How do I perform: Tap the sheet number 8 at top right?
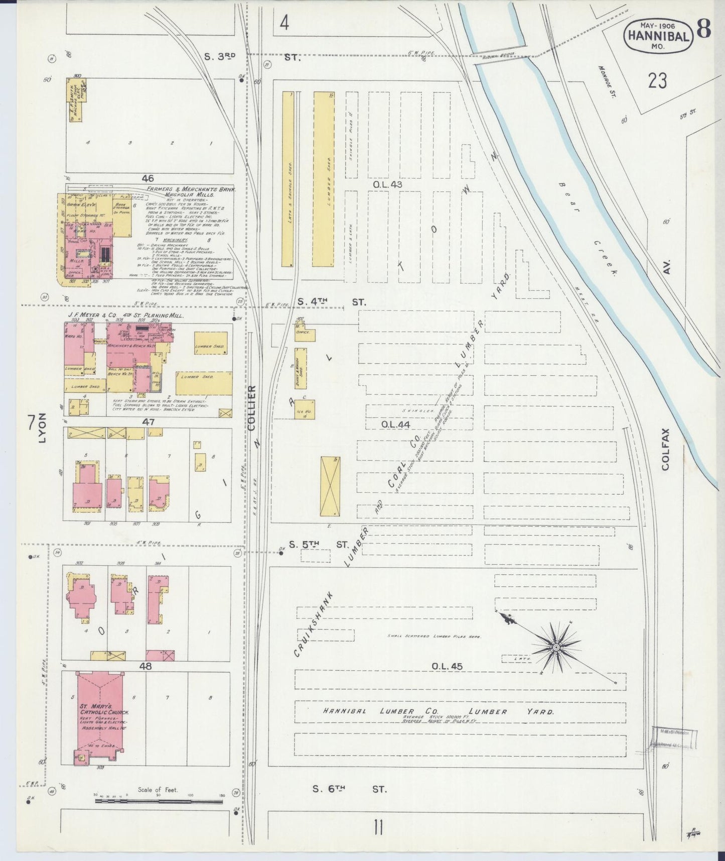coord(704,30)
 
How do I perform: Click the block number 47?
coord(148,422)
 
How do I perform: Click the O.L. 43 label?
coord(387,184)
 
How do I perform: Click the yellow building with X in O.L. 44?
coord(330,486)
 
